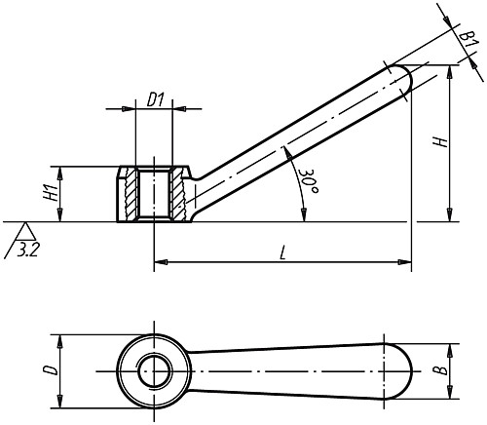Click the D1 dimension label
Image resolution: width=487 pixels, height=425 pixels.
(x=154, y=99)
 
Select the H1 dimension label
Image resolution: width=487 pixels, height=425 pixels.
(x=52, y=194)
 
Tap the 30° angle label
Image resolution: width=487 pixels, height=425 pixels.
(x=307, y=180)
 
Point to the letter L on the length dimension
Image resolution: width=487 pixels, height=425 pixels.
(x=282, y=252)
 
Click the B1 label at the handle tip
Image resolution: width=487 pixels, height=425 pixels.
(x=468, y=39)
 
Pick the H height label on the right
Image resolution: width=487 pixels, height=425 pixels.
(x=441, y=142)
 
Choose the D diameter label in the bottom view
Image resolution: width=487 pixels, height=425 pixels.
(x=51, y=370)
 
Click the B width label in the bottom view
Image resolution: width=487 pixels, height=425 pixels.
(x=441, y=370)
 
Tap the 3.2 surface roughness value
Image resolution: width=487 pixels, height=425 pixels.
(x=27, y=251)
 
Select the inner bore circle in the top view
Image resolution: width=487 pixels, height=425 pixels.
(x=154, y=370)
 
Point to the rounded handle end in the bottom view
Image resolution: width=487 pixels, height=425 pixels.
(x=400, y=371)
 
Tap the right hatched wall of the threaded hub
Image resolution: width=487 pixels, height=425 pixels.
(x=176, y=194)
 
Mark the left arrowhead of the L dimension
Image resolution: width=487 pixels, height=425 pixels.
(x=159, y=261)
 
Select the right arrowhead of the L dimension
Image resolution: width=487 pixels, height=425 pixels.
(x=405, y=261)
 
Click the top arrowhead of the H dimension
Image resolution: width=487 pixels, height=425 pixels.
(x=449, y=72)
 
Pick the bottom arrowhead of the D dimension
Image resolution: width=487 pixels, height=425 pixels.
(x=60, y=402)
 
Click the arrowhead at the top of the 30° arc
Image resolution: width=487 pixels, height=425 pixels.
(x=286, y=153)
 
